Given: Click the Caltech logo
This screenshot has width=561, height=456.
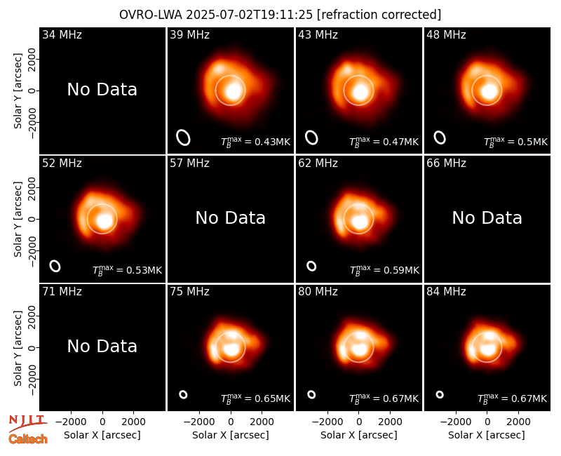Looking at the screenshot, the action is click(x=28, y=439).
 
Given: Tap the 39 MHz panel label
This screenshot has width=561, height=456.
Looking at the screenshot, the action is click(x=189, y=34).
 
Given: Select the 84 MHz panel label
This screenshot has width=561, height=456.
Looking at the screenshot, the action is click(x=446, y=292).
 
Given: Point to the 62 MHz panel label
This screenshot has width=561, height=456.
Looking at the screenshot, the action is click(x=318, y=163).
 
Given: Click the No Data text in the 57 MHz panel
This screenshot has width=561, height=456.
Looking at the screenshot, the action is click(x=231, y=217).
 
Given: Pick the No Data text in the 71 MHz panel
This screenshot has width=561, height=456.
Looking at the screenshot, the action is click(x=102, y=346).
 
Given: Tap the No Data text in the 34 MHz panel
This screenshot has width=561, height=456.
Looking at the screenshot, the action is click(x=102, y=89).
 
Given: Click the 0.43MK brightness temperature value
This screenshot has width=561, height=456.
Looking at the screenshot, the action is click(x=272, y=142).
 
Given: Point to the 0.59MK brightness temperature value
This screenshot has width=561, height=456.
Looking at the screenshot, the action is click(x=401, y=270).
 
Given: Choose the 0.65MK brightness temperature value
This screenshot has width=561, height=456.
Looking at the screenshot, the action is click(x=272, y=398).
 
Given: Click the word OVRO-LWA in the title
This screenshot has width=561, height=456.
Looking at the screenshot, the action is click(x=151, y=15).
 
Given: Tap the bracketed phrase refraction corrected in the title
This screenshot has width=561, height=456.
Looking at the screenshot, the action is click(x=379, y=15).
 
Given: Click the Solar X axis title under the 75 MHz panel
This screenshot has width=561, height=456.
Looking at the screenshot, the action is click(x=231, y=435).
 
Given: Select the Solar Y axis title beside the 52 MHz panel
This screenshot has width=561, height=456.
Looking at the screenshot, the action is click(x=18, y=219).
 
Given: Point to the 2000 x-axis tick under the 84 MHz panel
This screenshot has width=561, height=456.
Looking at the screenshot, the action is click(x=518, y=422).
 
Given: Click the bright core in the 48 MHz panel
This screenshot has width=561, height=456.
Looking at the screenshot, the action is click(x=488, y=91).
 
